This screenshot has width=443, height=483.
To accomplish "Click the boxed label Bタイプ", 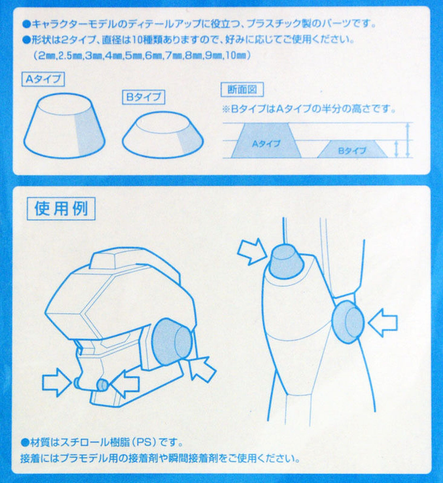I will point(143,97).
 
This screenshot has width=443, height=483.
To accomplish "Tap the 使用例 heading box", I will point(60,209).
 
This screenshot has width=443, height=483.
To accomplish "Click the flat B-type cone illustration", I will point(162,136).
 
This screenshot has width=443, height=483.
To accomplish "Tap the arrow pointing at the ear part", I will point(203,368).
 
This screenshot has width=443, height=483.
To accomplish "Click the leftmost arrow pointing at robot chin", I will point(57,382).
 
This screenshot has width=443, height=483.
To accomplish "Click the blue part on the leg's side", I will point(348,321).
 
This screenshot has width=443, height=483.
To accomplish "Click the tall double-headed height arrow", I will point(408,140).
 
